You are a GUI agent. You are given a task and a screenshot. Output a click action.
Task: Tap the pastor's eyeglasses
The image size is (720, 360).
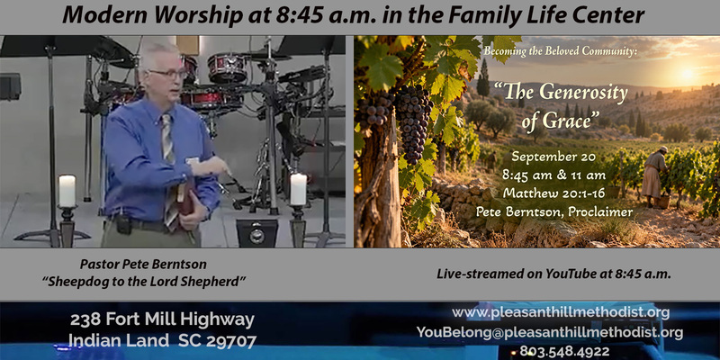pyautogui.click(x=167, y=73)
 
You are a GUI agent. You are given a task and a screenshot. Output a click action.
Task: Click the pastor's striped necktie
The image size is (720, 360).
pyautogui.click(x=168, y=170)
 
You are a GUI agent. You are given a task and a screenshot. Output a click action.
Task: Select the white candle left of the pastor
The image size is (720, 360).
pyautogui.click(x=67, y=191)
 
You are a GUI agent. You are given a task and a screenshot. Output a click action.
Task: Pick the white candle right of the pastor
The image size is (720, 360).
pyautogui.click(x=299, y=188)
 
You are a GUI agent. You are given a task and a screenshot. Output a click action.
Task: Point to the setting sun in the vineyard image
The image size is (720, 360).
pyautogui.click(x=688, y=74)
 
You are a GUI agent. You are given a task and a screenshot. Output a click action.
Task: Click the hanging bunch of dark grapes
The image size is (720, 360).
pyautogui.click(x=413, y=121)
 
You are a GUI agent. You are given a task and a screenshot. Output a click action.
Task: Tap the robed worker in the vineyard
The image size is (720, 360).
pyautogui.click(x=654, y=176)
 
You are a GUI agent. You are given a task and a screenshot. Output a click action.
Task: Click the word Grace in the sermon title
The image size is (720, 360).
pyautogui.click(x=570, y=122)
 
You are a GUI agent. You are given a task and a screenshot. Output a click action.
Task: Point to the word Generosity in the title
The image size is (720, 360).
pyautogui.click(x=582, y=93)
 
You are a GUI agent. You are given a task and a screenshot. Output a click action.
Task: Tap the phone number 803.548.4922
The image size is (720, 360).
pyautogui.click(x=564, y=352)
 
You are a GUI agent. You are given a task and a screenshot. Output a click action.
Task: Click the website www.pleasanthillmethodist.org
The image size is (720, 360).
pyautogui.click(x=561, y=313)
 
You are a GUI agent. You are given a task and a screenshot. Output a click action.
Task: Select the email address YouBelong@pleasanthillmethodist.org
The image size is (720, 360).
pyautogui.click(x=550, y=332)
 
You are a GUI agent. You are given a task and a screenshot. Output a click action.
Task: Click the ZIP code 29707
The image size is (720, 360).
pyautogui.click(x=231, y=341)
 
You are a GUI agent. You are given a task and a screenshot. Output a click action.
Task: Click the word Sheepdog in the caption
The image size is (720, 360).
pyautogui.click(x=72, y=281)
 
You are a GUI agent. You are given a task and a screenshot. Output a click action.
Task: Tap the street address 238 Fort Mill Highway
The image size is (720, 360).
pyautogui.click(x=162, y=320)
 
